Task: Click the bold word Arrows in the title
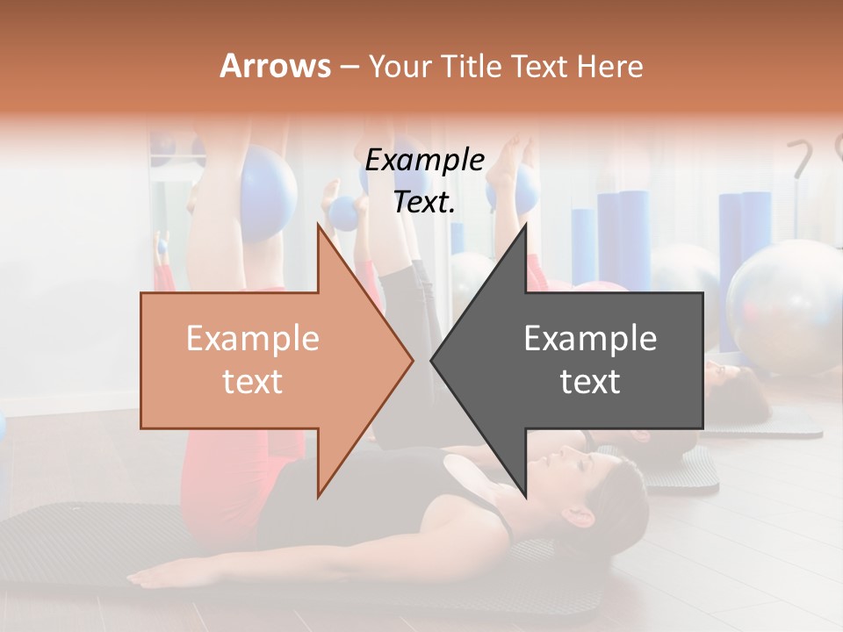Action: [275, 66]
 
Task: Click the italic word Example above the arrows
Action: [425, 161]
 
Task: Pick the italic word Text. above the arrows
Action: [425, 202]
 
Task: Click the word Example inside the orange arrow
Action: [253, 339]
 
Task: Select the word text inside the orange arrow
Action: [253, 382]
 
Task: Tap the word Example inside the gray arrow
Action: [590, 339]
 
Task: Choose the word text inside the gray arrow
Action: [590, 382]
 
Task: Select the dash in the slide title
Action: [349, 67]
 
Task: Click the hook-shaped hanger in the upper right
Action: [801, 158]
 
